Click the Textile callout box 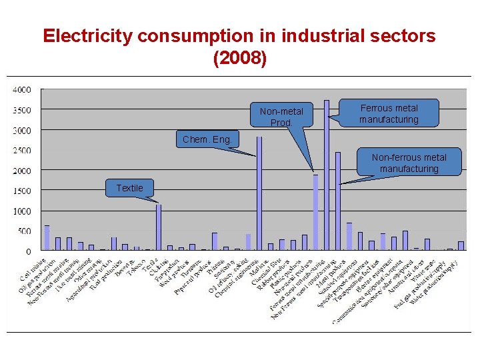coord(129,188)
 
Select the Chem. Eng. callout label coord(207,139)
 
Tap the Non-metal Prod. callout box coord(281,116)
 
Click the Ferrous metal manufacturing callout coord(389,113)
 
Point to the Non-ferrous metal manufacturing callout coord(409,163)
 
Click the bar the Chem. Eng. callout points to coord(259,193)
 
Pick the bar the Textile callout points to coord(159,227)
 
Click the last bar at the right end coord(461,246)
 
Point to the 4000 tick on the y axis coord(22,89)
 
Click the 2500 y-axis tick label coord(22,151)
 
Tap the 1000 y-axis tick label coord(22,211)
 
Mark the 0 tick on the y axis coord(27,251)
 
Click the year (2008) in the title coord(239,59)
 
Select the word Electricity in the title coord(82,36)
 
